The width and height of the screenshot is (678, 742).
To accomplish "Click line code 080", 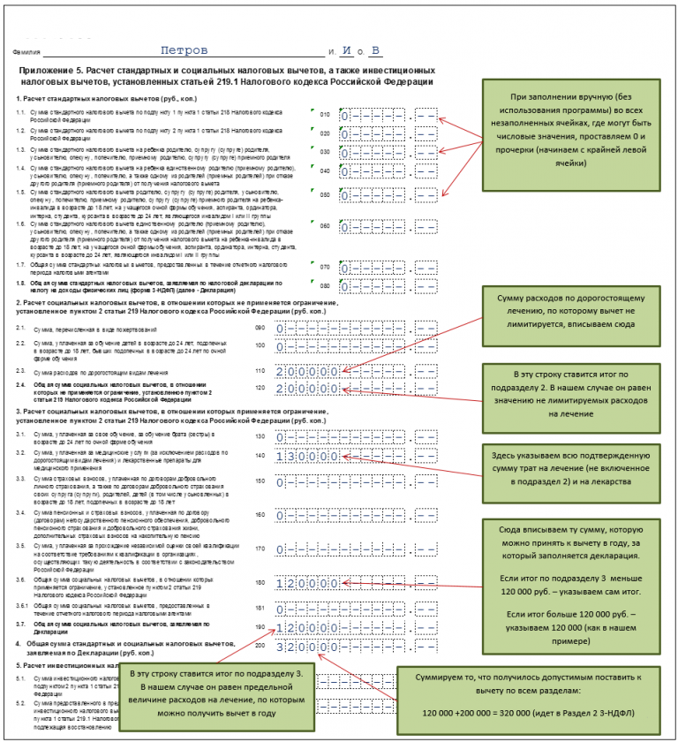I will point(325,286).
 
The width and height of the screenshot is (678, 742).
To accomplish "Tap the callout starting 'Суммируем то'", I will point(529,694).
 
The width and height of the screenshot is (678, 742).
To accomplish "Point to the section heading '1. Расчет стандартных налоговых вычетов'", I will point(80,98).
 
